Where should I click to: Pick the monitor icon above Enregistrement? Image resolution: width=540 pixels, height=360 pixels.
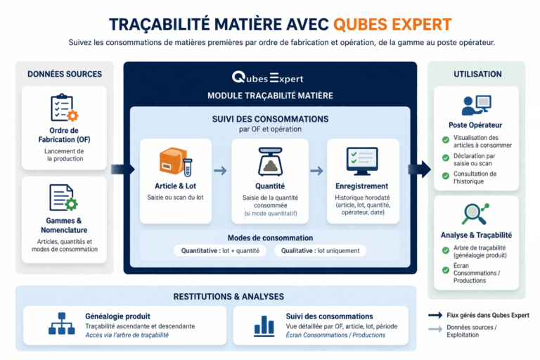coord(362,162)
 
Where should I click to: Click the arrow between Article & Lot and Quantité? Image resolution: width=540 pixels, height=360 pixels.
coord(220,171)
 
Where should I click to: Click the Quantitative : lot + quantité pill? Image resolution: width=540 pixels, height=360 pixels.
coord(220,250)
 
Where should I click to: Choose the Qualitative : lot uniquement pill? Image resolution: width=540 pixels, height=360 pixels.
coord(320,250)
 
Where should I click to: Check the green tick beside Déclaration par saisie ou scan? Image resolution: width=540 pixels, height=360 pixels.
coord(446,157)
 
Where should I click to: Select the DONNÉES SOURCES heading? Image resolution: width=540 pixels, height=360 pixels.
coord(65,74)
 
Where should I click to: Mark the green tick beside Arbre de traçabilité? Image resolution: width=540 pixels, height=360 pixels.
coord(446,248)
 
